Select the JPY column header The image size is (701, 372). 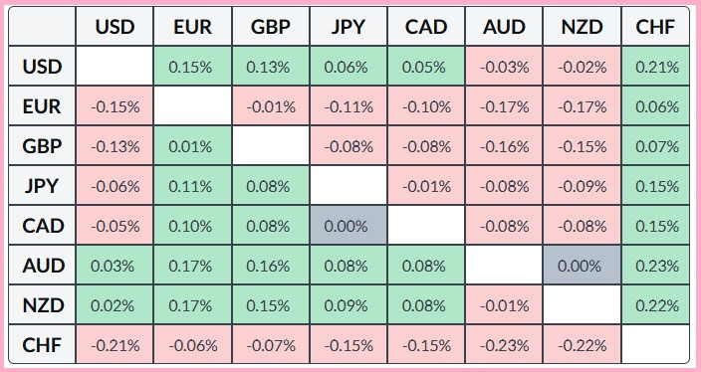point(348,27)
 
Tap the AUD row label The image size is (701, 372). point(43,266)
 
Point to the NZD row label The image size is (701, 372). point(43,305)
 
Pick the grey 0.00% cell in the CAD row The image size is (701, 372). point(348,226)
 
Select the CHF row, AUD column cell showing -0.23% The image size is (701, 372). point(503,345)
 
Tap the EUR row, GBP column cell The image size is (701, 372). point(270,106)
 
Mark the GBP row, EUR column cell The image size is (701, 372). point(192,146)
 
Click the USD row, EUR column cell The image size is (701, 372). point(192,67)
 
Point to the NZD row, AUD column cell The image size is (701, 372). point(503,305)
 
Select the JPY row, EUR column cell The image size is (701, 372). point(192,186)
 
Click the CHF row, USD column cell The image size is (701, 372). point(115,345)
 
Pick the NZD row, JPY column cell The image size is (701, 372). point(348,305)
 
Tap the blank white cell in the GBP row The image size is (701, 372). point(270,146)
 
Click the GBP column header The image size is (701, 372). point(270,27)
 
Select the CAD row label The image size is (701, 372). point(43,226)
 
